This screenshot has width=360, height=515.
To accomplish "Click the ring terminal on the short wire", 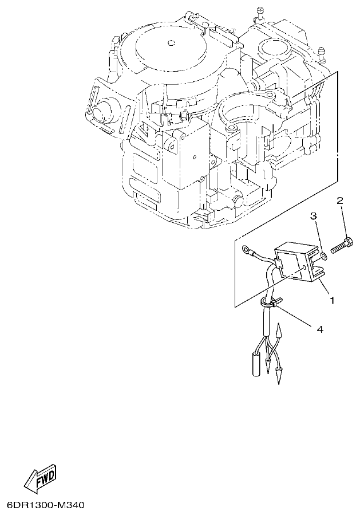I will click(246, 250).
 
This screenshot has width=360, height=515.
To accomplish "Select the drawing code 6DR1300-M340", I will click(46, 506).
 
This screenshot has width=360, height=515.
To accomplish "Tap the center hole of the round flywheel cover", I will click(171, 42).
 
